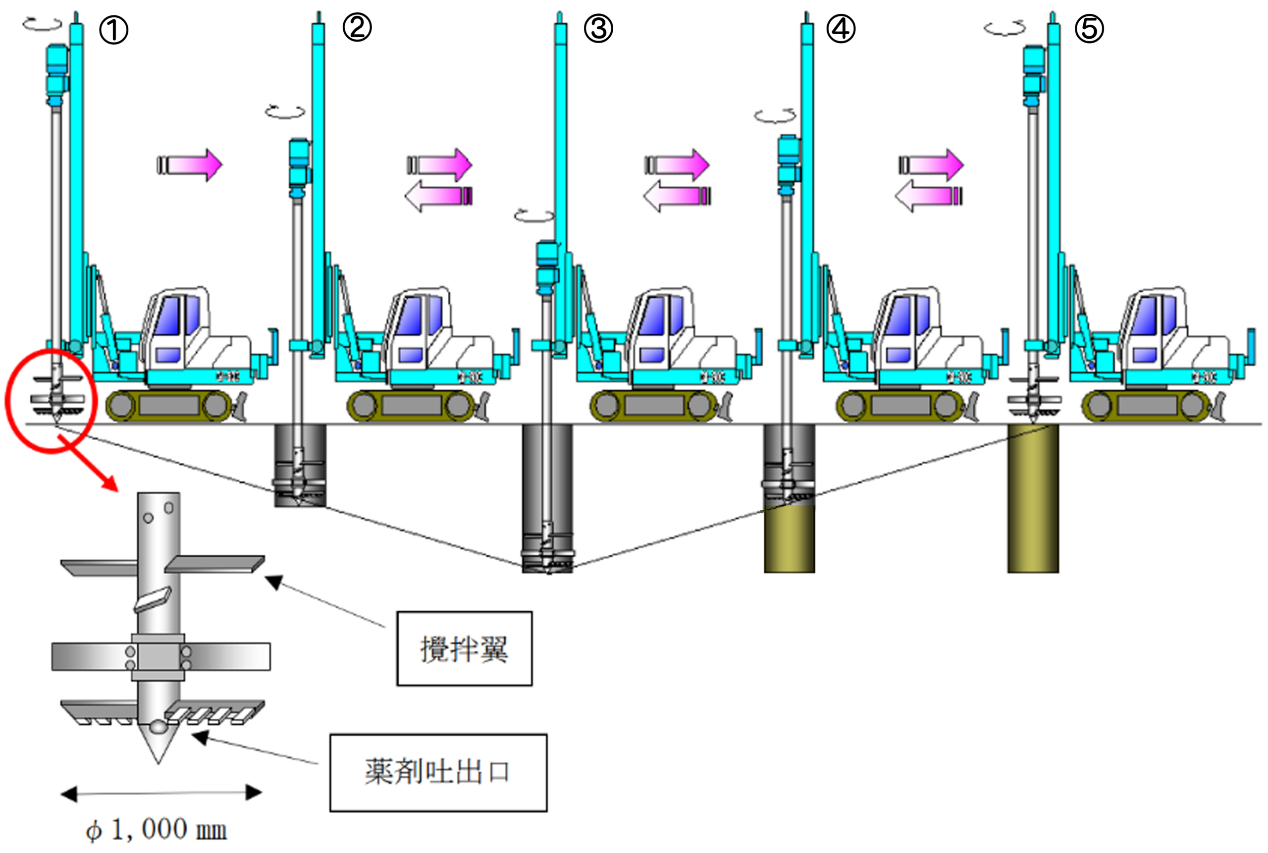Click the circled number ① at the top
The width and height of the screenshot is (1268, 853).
coord(113,29)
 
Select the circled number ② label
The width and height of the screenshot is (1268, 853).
coord(357,27)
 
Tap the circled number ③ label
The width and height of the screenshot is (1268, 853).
coord(598,28)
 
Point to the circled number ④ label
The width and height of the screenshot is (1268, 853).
coord(841,28)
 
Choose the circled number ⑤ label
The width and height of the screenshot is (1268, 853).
coord(1089,29)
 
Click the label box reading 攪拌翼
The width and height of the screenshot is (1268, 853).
coord(464,648)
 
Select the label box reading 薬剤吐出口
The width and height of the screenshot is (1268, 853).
coord(438,772)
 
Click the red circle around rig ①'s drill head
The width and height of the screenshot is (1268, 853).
coord(51,401)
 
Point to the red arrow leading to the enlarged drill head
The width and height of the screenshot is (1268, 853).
coord(90,464)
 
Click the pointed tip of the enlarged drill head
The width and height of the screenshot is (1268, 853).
coord(158,753)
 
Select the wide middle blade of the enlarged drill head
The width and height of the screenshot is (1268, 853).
coord(161,657)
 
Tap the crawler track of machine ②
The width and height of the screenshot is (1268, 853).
coord(411,405)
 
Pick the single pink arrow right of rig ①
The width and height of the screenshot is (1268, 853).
coord(190,164)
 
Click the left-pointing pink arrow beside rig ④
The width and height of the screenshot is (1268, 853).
coord(928,196)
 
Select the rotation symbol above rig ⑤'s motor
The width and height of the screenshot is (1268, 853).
coord(1004,28)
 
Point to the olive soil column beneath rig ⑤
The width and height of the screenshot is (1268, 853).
coord(1032,498)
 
